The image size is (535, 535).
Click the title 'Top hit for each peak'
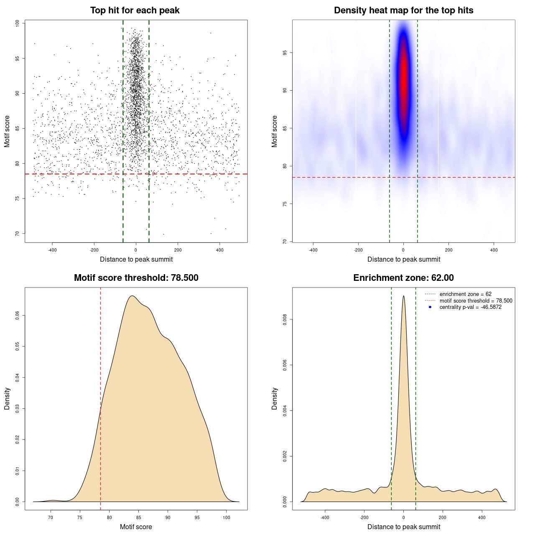point(135,10)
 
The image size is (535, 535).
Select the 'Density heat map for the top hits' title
point(403,10)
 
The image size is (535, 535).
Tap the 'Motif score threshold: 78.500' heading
point(136,278)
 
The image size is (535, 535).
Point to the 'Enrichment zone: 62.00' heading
point(403,278)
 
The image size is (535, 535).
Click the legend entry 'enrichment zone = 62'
point(465,294)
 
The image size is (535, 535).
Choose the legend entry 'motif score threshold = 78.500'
point(476,301)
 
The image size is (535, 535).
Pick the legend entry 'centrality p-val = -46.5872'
point(470,307)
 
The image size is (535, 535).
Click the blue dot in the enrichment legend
point(430,307)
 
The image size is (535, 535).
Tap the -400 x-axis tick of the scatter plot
point(52,250)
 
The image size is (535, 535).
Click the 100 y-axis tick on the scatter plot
point(18,23)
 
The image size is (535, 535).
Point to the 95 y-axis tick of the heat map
point(285,53)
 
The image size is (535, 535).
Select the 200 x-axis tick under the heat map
point(448,250)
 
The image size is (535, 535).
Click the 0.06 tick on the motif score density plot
point(18,315)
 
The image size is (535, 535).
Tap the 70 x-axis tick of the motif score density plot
point(51,517)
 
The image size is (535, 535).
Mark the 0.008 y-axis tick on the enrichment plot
point(285,320)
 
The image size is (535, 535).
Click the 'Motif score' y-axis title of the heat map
point(275,131)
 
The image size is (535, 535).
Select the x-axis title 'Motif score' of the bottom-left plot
point(136,527)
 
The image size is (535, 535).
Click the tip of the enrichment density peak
point(403,296)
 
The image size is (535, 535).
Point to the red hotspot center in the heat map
point(403,79)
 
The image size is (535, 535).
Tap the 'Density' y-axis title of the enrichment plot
point(275,399)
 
